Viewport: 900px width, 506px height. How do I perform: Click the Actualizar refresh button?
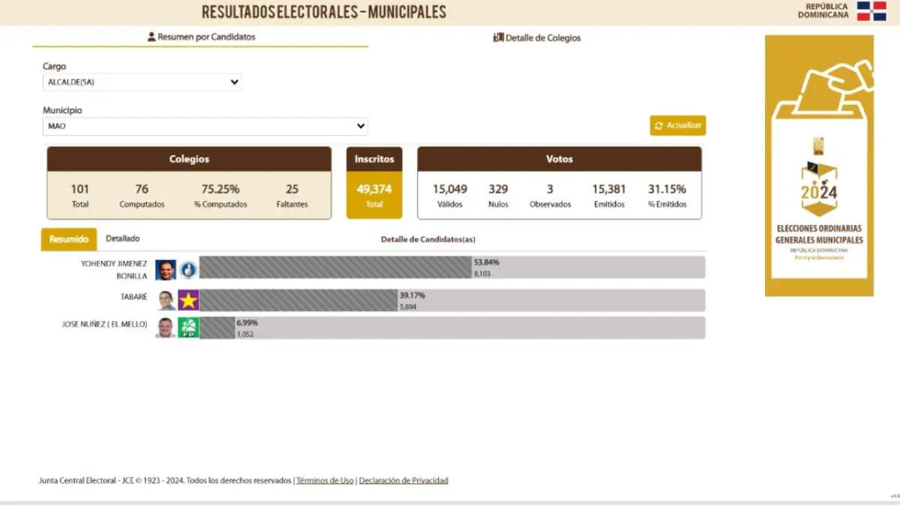click(x=677, y=125)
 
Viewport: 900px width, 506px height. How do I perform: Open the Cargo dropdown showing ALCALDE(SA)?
click(x=142, y=82)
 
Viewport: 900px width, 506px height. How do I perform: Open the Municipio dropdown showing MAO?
click(x=205, y=126)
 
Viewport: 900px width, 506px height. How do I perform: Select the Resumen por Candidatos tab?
click(x=201, y=37)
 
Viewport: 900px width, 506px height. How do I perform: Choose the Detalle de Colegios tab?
click(x=537, y=37)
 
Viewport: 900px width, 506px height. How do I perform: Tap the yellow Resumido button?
click(x=69, y=239)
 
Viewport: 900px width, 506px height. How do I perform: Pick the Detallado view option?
click(x=122, y=238)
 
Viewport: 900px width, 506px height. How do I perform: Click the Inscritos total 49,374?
click(x=374, y=190)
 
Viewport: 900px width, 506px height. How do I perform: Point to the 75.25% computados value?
click(x=220, y=189)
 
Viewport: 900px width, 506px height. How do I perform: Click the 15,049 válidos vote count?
click(x=450, y=189)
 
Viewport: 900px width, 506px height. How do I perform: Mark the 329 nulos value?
click(x=498, y=189)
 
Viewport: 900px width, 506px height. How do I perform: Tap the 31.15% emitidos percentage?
click(x=667, y=189)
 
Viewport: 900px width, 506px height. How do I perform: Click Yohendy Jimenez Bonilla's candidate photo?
click(x=165, y=270)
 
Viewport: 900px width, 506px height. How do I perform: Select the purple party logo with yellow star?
click(x=188, y=300)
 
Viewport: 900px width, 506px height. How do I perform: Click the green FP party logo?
click(x=188, y=328)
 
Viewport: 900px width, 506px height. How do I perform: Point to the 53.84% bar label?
click(x=487, y=262)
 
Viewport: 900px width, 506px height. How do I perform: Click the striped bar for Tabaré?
click(x=298, y=300)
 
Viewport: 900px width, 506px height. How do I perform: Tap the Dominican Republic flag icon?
click(x=871, y=11)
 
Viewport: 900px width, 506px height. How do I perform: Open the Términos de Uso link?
click(x=325, y=481)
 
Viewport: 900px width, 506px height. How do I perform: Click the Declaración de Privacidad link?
click(x=403, y=481)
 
